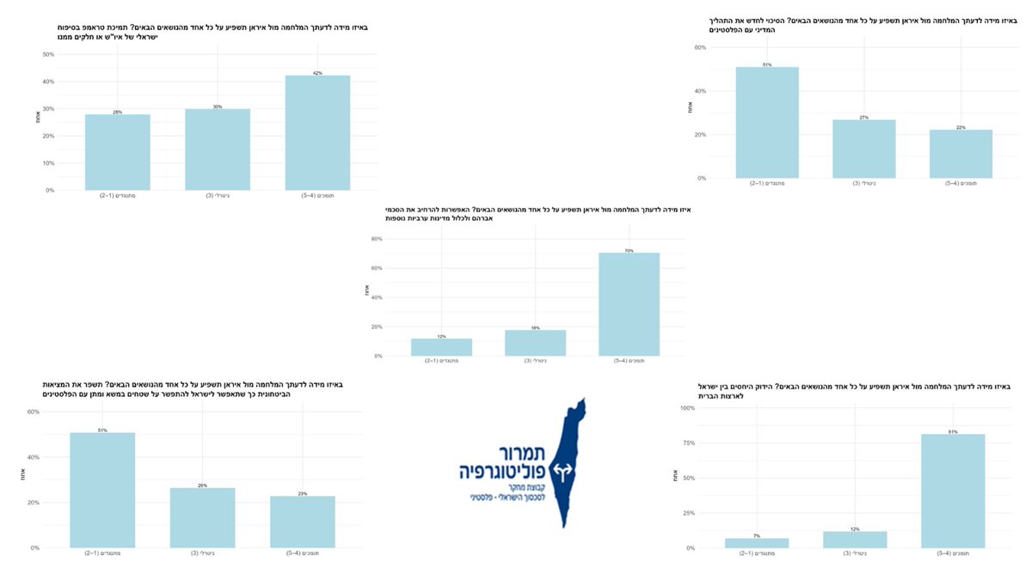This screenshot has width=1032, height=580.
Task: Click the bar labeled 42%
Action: pos(317,132)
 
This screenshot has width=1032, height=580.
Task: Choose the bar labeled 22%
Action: pos(961,154)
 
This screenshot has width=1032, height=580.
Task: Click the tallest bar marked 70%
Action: pos(629,304)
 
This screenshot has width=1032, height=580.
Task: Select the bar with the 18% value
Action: pos(535,343)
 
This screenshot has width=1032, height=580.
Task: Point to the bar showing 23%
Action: pos(303,522)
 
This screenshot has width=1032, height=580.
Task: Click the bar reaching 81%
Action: pos(953,491)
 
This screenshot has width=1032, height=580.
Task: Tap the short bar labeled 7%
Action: pos(757,543)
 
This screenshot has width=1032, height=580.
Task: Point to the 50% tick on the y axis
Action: pos(48,54)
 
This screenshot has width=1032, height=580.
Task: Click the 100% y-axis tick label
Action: pos(686,408)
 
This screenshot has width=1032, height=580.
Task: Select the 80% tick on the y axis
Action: pos(375,239)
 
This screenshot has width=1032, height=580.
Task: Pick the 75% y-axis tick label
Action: pos(688,443)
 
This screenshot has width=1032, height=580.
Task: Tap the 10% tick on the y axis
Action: pos(48,163)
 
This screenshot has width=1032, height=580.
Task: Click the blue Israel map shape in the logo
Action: pos(568,498)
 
